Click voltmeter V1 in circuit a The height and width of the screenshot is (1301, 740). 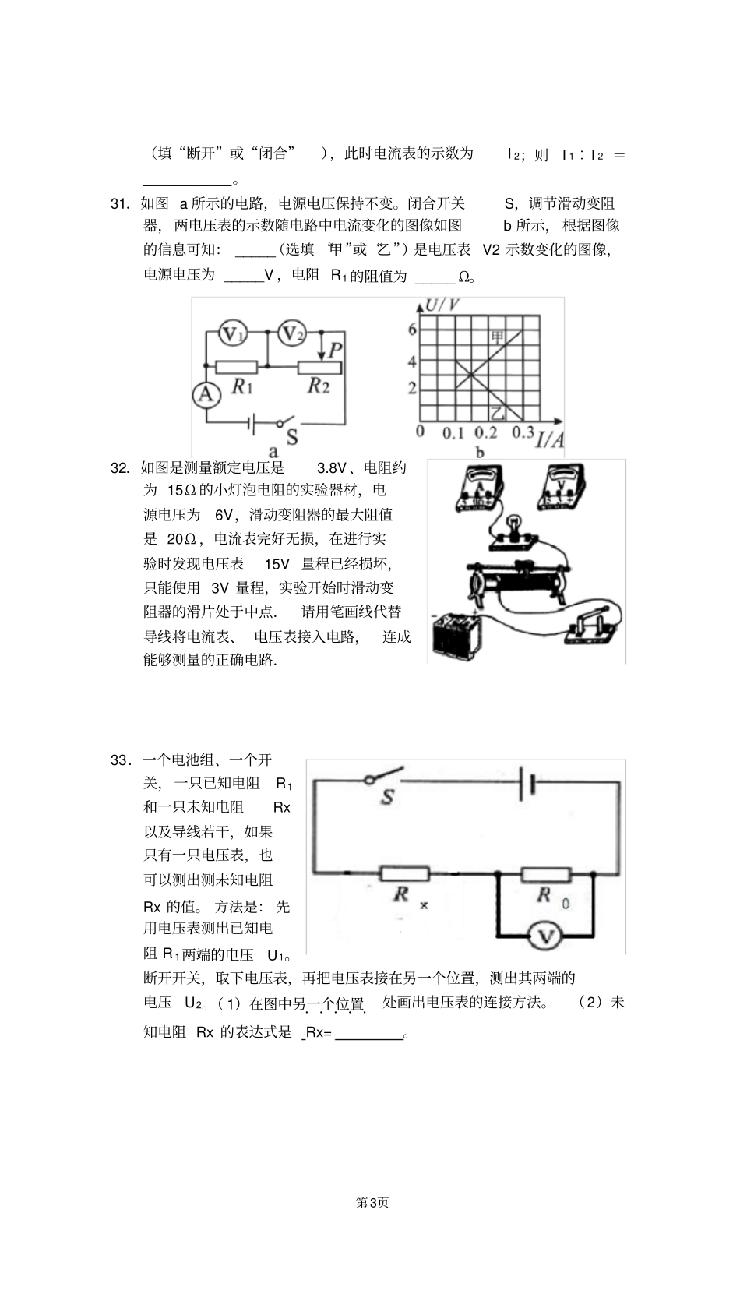(231, 333)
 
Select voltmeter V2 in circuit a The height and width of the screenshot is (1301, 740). (291, 333)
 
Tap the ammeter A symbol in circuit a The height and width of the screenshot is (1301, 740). (205, 394)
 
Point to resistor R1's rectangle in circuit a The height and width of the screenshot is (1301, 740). (236, 365)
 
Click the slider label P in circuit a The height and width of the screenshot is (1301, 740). (336, 349)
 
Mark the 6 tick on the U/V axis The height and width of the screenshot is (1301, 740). (413, 330)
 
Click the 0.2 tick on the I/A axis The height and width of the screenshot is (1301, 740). (486, 433)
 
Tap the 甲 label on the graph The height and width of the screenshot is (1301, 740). (497, 337)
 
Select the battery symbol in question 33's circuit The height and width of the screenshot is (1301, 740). (527, 782)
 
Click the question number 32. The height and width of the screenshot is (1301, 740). (120, 467)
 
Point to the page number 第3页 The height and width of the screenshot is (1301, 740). (372, 1202)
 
